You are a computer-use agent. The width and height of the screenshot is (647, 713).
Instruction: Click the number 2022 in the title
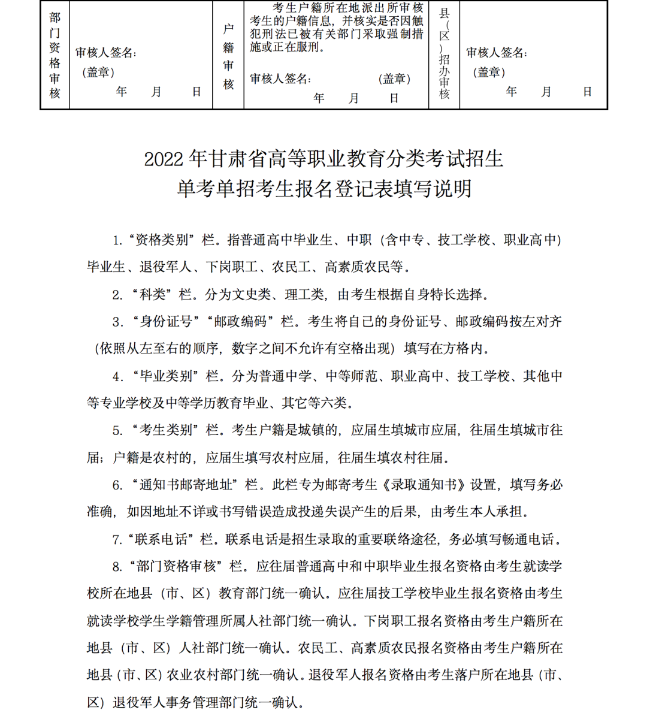pos(163,159)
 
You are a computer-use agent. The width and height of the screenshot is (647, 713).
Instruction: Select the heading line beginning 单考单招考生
pos(324,189)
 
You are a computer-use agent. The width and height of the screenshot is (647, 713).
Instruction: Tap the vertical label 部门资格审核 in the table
pos(55,55)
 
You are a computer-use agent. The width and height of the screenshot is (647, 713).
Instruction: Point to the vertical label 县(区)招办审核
pos(444,54)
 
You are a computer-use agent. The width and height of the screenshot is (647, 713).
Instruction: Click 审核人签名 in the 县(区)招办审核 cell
pos(496,53)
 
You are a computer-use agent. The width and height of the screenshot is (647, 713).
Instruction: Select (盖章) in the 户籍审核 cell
pos(394,79)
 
